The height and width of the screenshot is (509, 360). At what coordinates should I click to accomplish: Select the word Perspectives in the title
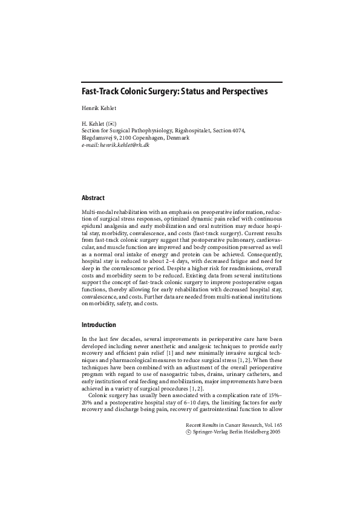[x=241, y=92]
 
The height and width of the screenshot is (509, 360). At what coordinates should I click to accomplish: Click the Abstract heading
[x=93, y=198]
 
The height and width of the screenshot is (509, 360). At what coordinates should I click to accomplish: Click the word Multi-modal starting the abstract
[x=97, y=213]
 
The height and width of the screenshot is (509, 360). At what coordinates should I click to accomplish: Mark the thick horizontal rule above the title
[x=181, y=82]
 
